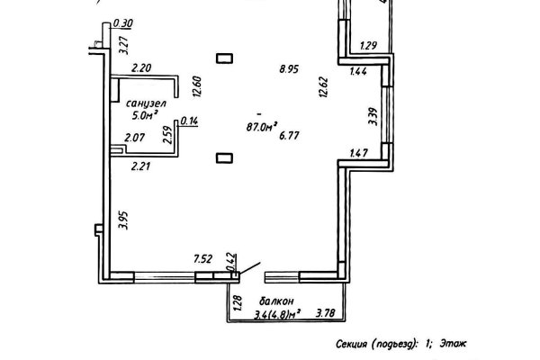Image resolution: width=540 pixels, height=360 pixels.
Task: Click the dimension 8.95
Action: pos(290,68)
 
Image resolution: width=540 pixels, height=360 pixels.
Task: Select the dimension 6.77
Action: pos(290,136)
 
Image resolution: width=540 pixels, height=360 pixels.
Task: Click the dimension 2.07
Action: pos(136,138)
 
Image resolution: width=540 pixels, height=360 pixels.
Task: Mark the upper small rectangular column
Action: pos(224,59)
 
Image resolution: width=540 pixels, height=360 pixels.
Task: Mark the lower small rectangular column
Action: pos(224,158)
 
